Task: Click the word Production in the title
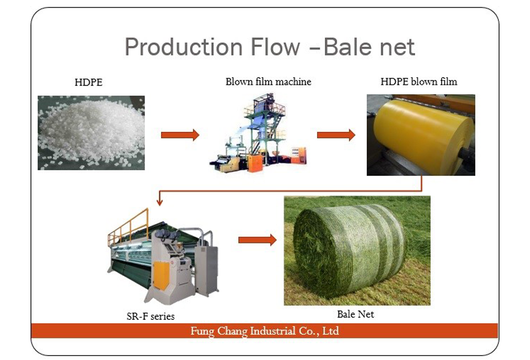point(184,47)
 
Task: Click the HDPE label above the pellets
point(89,82)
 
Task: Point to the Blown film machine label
point(269,82)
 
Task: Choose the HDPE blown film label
point(419,82)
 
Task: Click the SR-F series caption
point(151,316)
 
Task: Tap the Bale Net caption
point(356,314)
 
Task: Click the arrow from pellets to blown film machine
point(180,135)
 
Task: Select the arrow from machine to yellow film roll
point(336,135)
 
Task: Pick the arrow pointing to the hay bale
point(258,240)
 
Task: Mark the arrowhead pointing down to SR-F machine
point(159,202)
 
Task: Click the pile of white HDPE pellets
point(91,133)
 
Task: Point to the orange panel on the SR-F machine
point(161,275)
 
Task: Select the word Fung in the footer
point(202,331)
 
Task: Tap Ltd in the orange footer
point(330,331)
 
